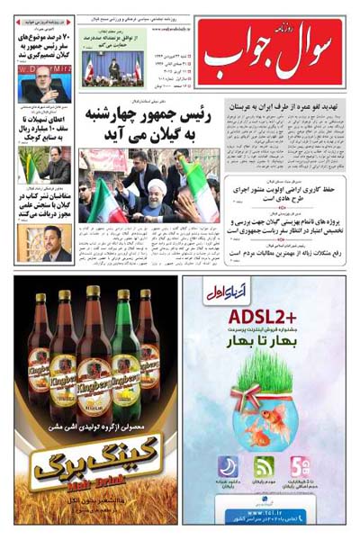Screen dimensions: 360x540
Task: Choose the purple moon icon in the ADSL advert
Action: (x=228, y=467)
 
